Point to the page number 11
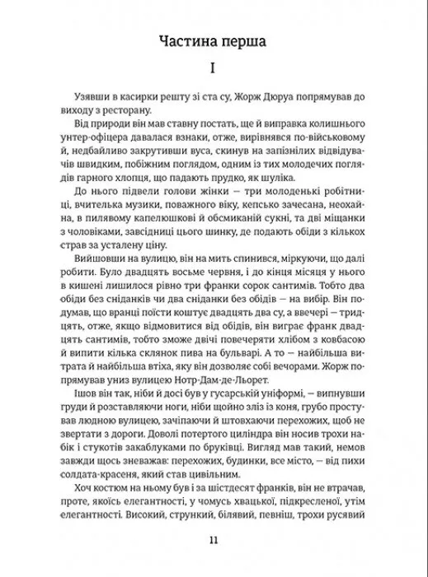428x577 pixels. tap(214, 540)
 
